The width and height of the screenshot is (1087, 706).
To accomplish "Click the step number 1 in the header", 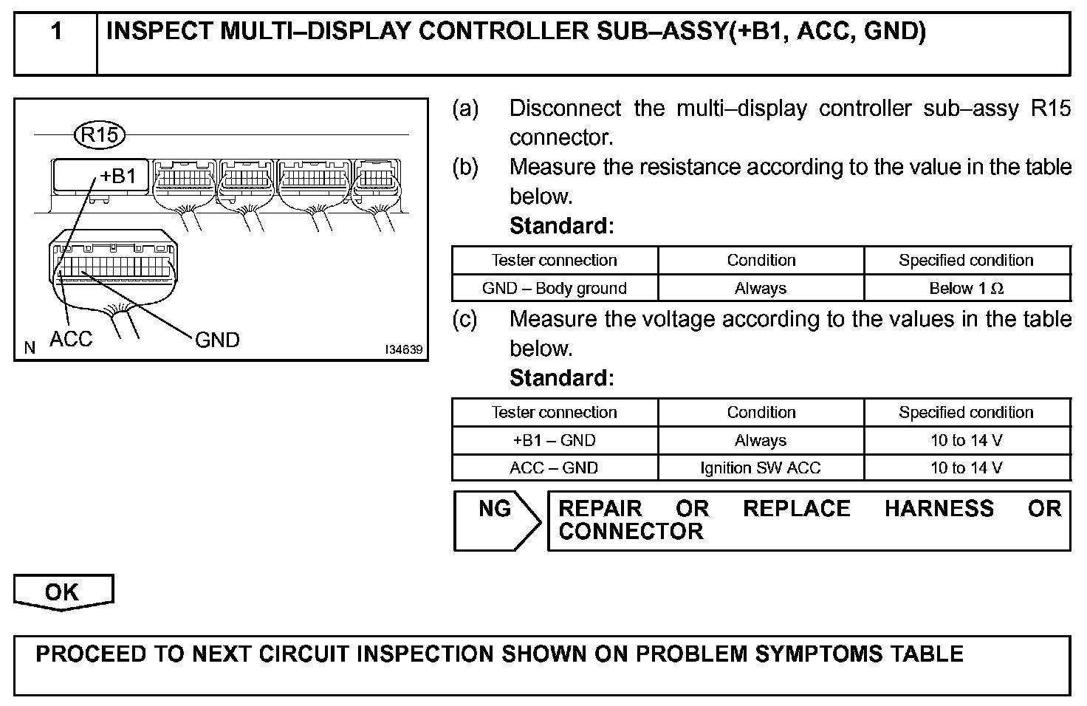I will pos(56,32).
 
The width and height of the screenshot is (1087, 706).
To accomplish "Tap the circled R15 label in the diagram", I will pos(100,135).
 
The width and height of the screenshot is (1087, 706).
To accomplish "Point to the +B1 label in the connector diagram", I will pos(118,176).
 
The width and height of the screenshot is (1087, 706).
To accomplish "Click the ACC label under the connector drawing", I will pos(71,339).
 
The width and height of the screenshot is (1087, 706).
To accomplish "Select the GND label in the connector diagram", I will pos(217,340).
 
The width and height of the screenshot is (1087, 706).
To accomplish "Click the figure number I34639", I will pos(403,349).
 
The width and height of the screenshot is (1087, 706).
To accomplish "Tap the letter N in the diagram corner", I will pos(30,348).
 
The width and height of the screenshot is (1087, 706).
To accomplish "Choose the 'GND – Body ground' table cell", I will pos(554,288).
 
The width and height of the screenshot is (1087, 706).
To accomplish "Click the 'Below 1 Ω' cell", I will pos(966,288).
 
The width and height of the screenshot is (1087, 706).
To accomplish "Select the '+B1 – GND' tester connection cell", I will pos(554,440).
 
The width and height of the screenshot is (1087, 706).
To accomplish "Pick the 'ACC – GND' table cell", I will pos(554,467).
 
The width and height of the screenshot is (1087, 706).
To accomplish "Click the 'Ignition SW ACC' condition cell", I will pos(761,467).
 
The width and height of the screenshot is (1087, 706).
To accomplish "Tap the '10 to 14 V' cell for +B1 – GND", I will pos(966,440).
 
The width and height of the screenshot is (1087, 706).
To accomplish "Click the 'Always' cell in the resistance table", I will pos(761,288).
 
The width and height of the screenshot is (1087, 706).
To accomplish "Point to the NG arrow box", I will pos(496,521).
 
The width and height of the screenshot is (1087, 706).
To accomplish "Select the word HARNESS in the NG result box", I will pos(939,509).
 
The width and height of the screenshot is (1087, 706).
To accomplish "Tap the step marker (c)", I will pos(465,319).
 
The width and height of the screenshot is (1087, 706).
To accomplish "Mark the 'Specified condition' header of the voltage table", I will pos(966,412).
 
